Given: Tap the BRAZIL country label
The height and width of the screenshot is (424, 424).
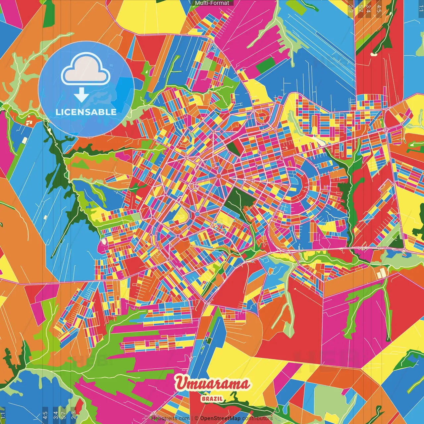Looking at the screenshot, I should point(212,399).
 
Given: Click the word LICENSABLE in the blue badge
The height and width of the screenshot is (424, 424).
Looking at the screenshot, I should point(86,112).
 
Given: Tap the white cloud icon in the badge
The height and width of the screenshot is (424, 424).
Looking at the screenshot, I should point(86,70).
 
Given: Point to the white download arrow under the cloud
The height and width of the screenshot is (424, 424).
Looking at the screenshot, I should point(81,95).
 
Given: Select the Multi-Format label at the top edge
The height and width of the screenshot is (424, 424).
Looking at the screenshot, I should point(212,3).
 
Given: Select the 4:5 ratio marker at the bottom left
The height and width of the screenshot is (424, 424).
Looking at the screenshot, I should point(45,415).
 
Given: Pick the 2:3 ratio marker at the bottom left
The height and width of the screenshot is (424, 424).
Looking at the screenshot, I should point(74,415).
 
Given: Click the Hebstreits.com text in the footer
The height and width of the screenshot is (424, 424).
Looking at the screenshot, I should point(170,418).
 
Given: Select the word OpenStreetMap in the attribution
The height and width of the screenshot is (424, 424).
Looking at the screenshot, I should point(220,418).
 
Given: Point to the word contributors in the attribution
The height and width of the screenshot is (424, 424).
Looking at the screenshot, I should point(257,418).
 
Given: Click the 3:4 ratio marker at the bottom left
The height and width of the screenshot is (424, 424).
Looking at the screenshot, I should point(56,415).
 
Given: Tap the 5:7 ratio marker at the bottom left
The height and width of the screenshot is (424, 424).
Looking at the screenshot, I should point(64,415).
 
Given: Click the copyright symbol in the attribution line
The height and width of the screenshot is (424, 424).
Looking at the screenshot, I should point(196,418).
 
